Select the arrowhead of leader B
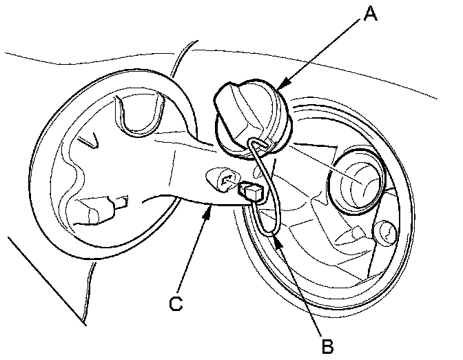click(x=274, y=237)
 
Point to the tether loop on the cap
click(x=256, y=146)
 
